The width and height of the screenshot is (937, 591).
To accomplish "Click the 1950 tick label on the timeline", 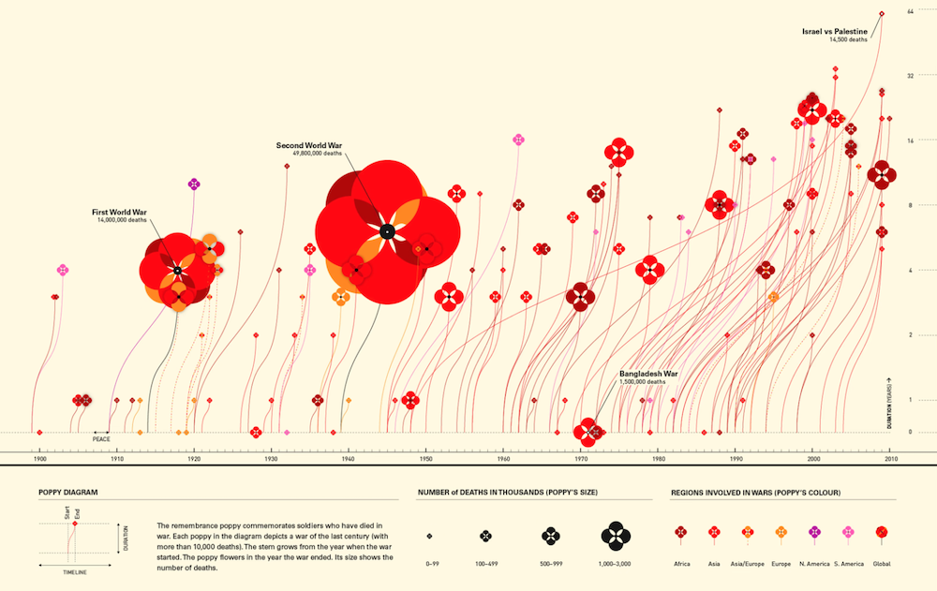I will coord(425,460).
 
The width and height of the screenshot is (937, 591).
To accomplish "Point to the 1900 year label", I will coord(39,460).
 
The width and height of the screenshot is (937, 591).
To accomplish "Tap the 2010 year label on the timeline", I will coord(889,460).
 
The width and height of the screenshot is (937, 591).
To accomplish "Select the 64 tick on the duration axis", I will coord(910,10).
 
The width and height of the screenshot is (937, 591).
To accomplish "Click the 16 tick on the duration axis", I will coord(910,140).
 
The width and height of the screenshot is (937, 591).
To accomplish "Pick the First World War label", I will coord(119,212).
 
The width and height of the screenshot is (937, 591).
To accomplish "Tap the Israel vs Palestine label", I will coord(835,32).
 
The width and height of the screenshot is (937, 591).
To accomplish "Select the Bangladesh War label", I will coord(648,374).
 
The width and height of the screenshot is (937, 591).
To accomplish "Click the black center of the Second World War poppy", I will coord(386,231).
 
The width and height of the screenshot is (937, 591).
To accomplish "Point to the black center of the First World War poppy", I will coord(176,271).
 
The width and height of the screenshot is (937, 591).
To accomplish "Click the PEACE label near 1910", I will coord(101,437).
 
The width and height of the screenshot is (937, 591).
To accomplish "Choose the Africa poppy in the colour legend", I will coord(681,532).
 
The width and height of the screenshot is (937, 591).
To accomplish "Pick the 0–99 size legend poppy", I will coord(429,537).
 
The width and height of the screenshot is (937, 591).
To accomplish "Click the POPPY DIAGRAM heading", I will coord(68,492).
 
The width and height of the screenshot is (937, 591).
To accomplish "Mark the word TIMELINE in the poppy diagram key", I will coord(76,569).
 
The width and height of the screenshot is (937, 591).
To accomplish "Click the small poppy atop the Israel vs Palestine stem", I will coord(882,13).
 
